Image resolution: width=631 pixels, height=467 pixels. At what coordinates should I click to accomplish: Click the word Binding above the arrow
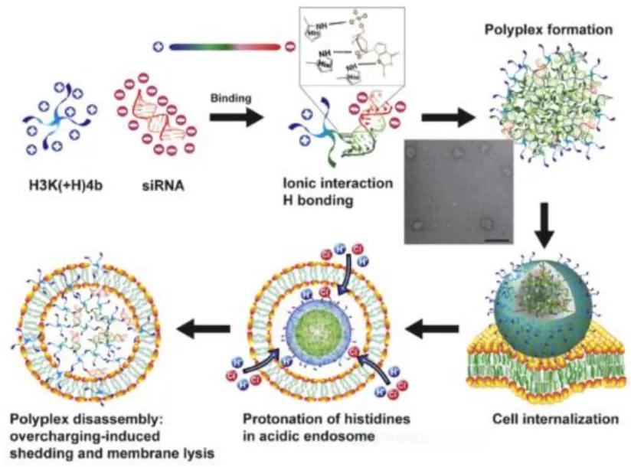pos(227,99)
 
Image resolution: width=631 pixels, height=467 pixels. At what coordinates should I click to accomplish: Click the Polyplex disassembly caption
pos(83,420)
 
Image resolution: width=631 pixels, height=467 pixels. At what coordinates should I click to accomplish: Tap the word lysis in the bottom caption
pos(194,453)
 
